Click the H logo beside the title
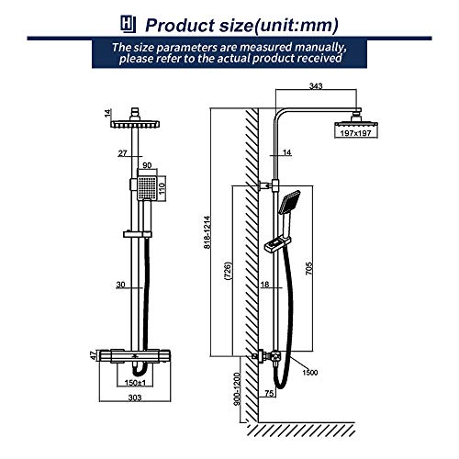coord(128,24)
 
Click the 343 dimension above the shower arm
coord(316,86)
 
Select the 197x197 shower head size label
coord(355,133)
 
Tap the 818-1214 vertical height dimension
coord(207,232)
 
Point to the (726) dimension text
coord(228,271)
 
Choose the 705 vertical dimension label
coord(309,268)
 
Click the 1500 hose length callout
coord(310,373)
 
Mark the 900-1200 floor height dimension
coord(238,388)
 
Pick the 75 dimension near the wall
coord(269,393)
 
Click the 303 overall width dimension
coord(135,397)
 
